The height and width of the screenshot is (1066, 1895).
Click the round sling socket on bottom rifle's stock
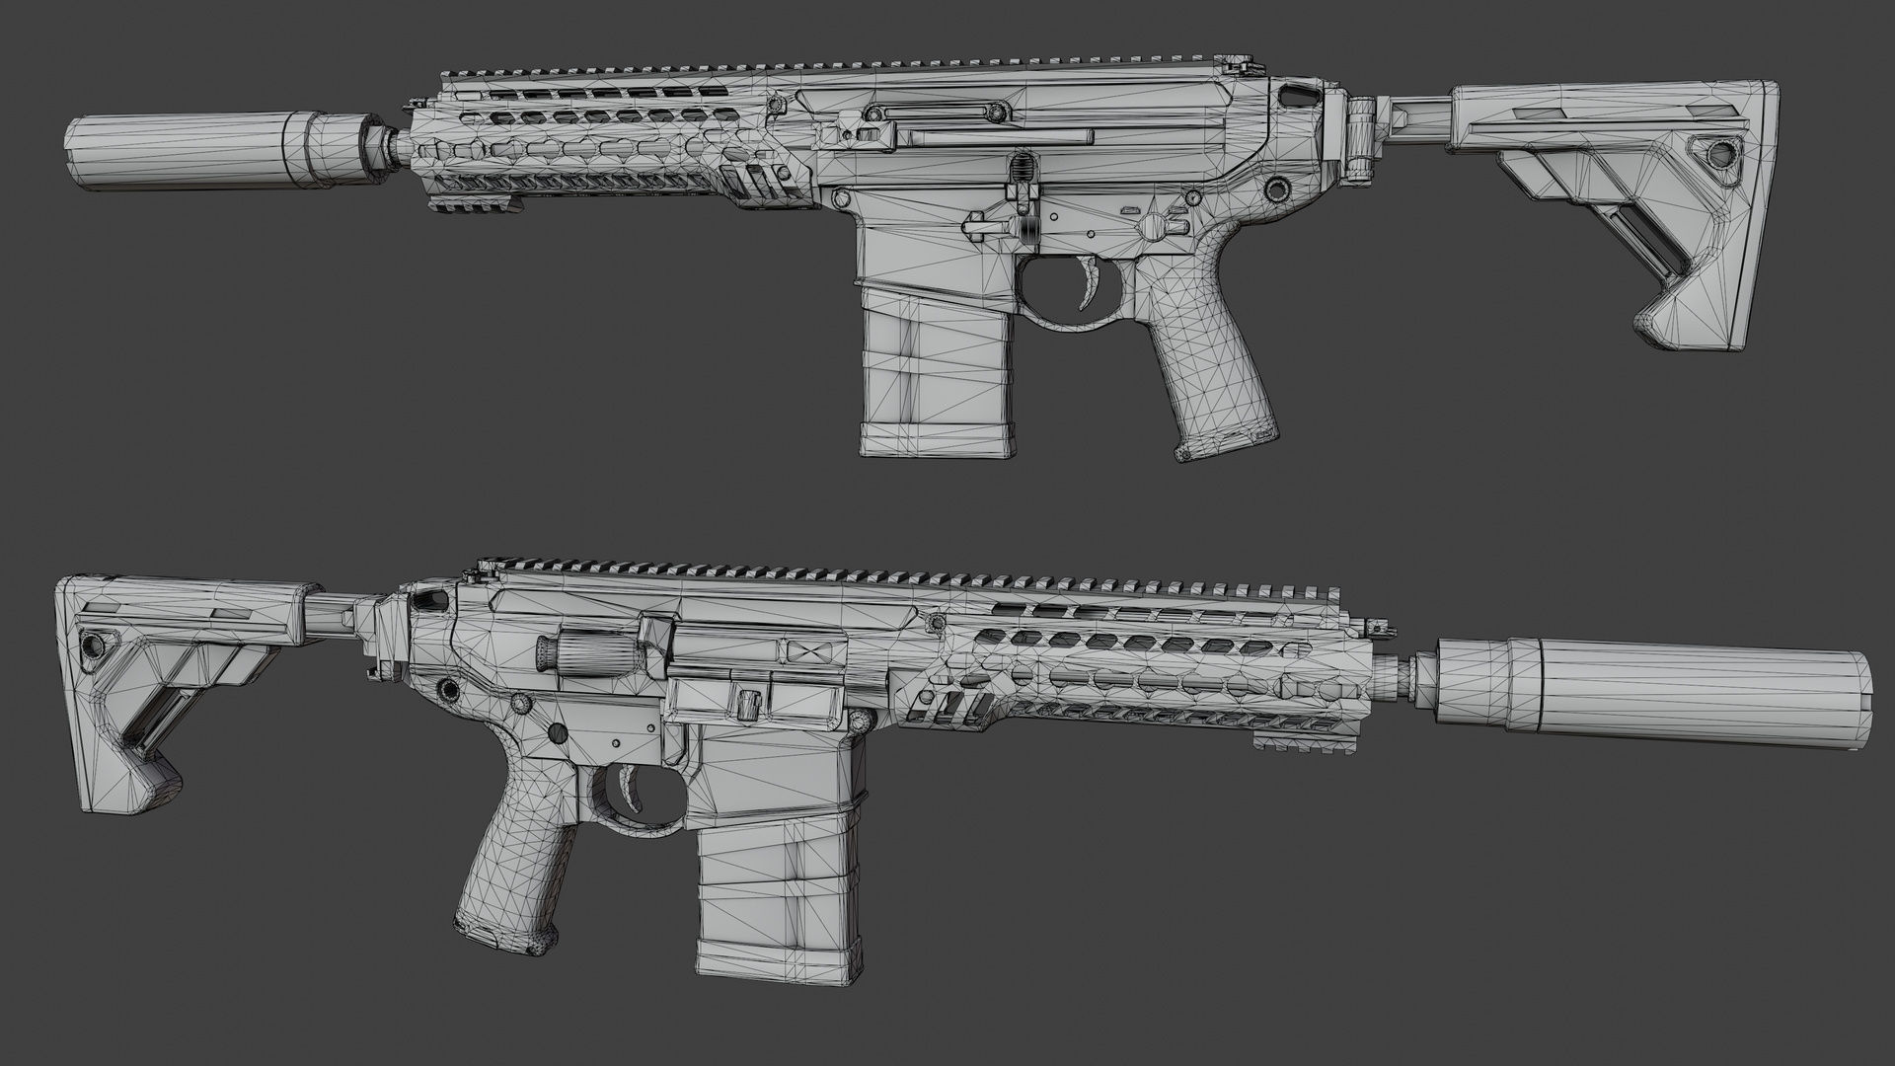click(x=93, y=644)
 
